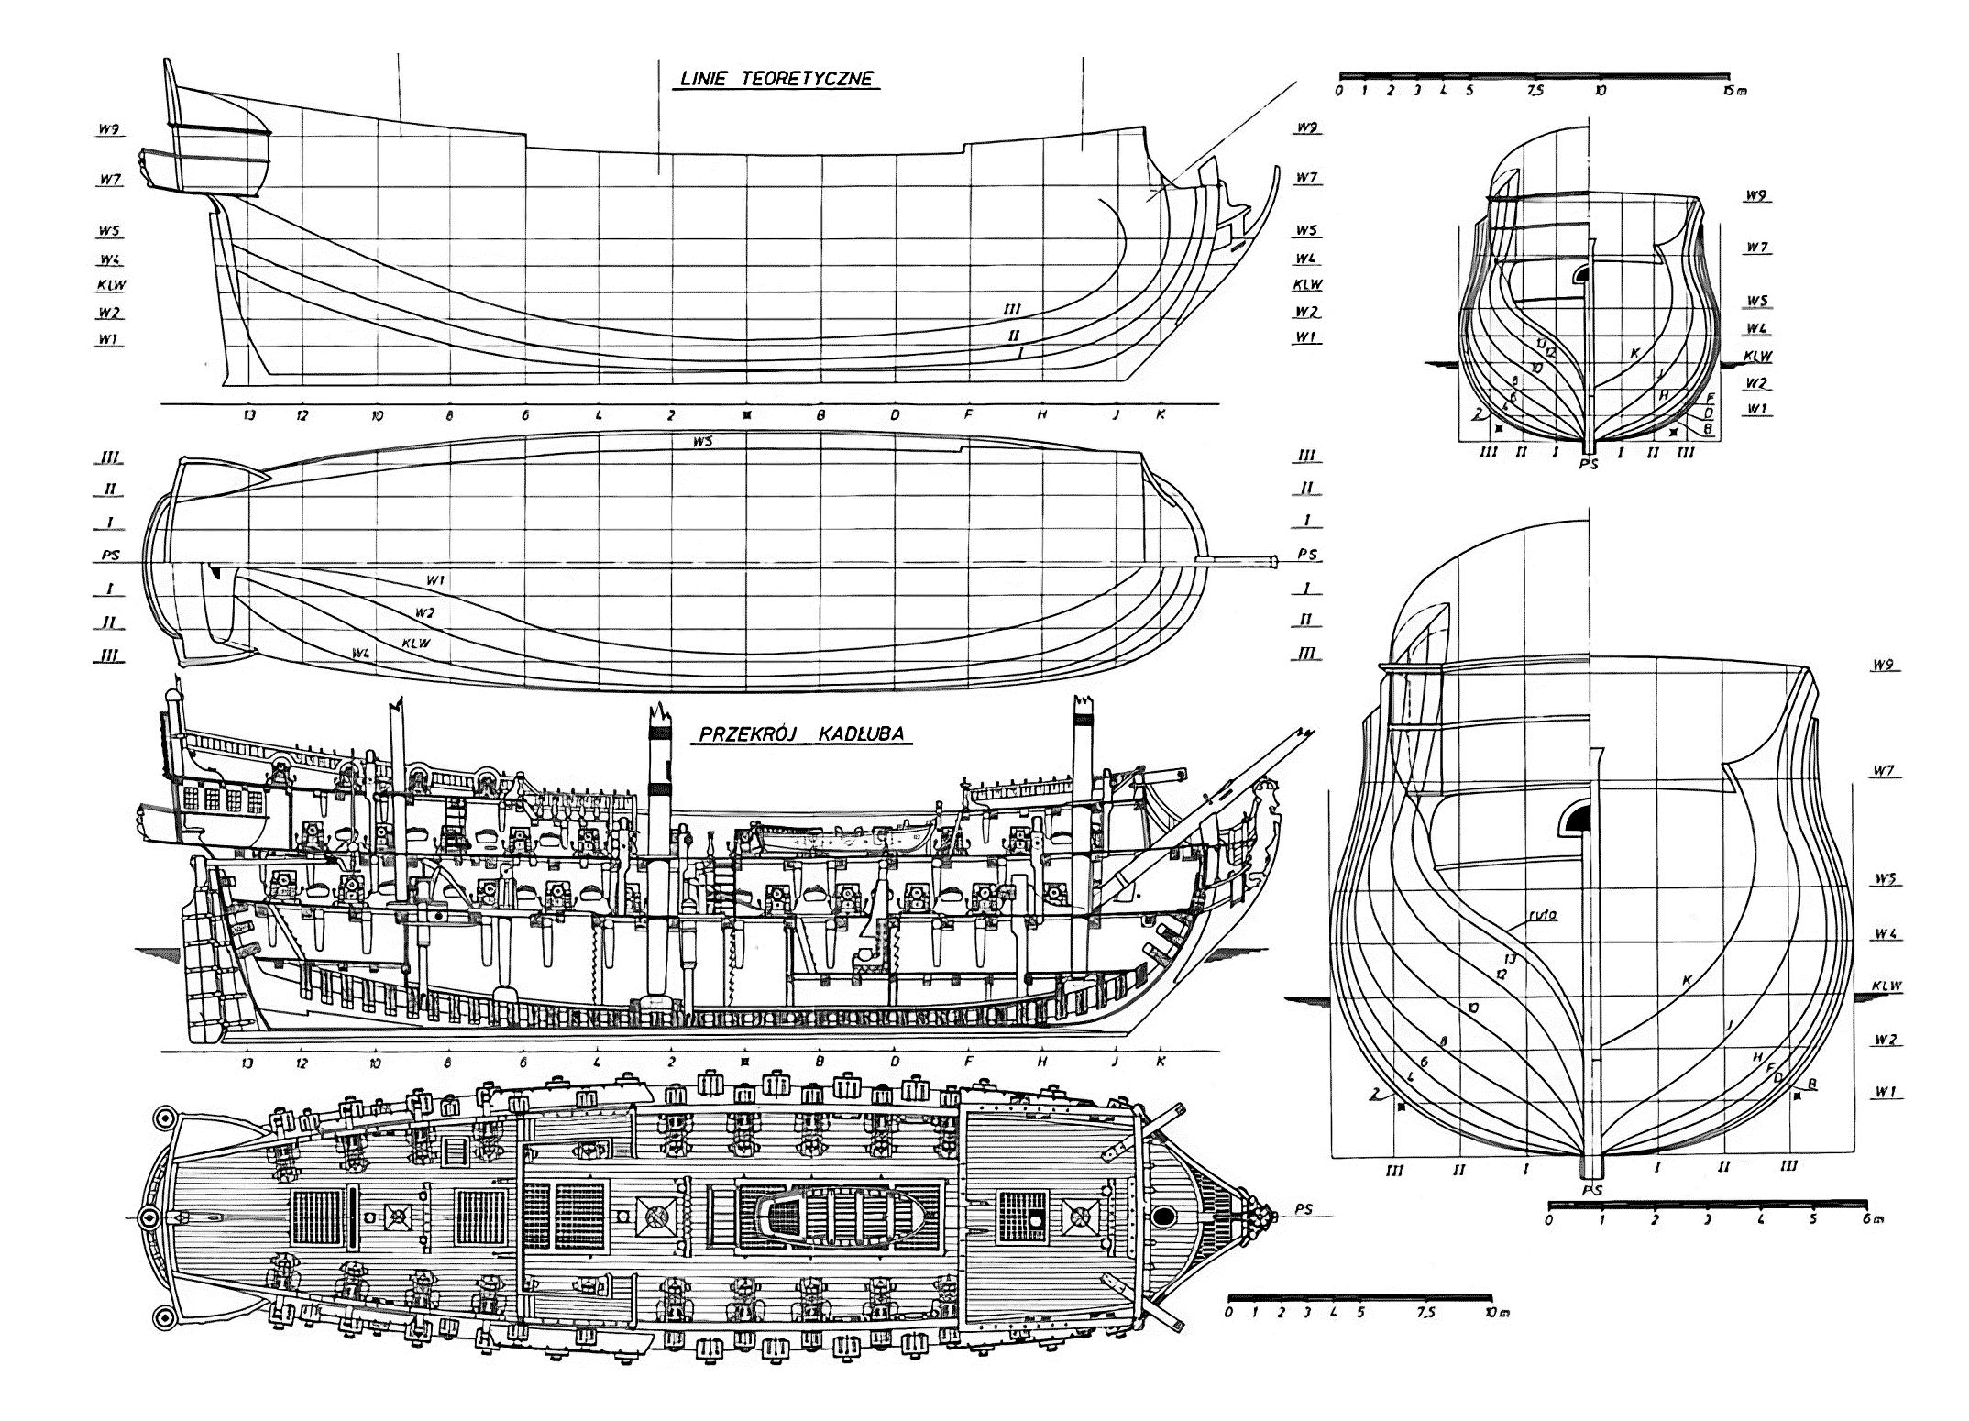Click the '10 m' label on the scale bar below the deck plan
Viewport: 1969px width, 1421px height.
[1497, 1312]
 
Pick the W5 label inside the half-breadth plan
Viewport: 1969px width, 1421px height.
[704, 441]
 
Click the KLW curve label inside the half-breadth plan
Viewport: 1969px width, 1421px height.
[415, 643]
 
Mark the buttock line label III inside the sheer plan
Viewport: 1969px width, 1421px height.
[1012, 309]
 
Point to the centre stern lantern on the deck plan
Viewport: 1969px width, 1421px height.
[148, 1217]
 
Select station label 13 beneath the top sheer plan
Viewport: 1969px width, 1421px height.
[248, 414]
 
